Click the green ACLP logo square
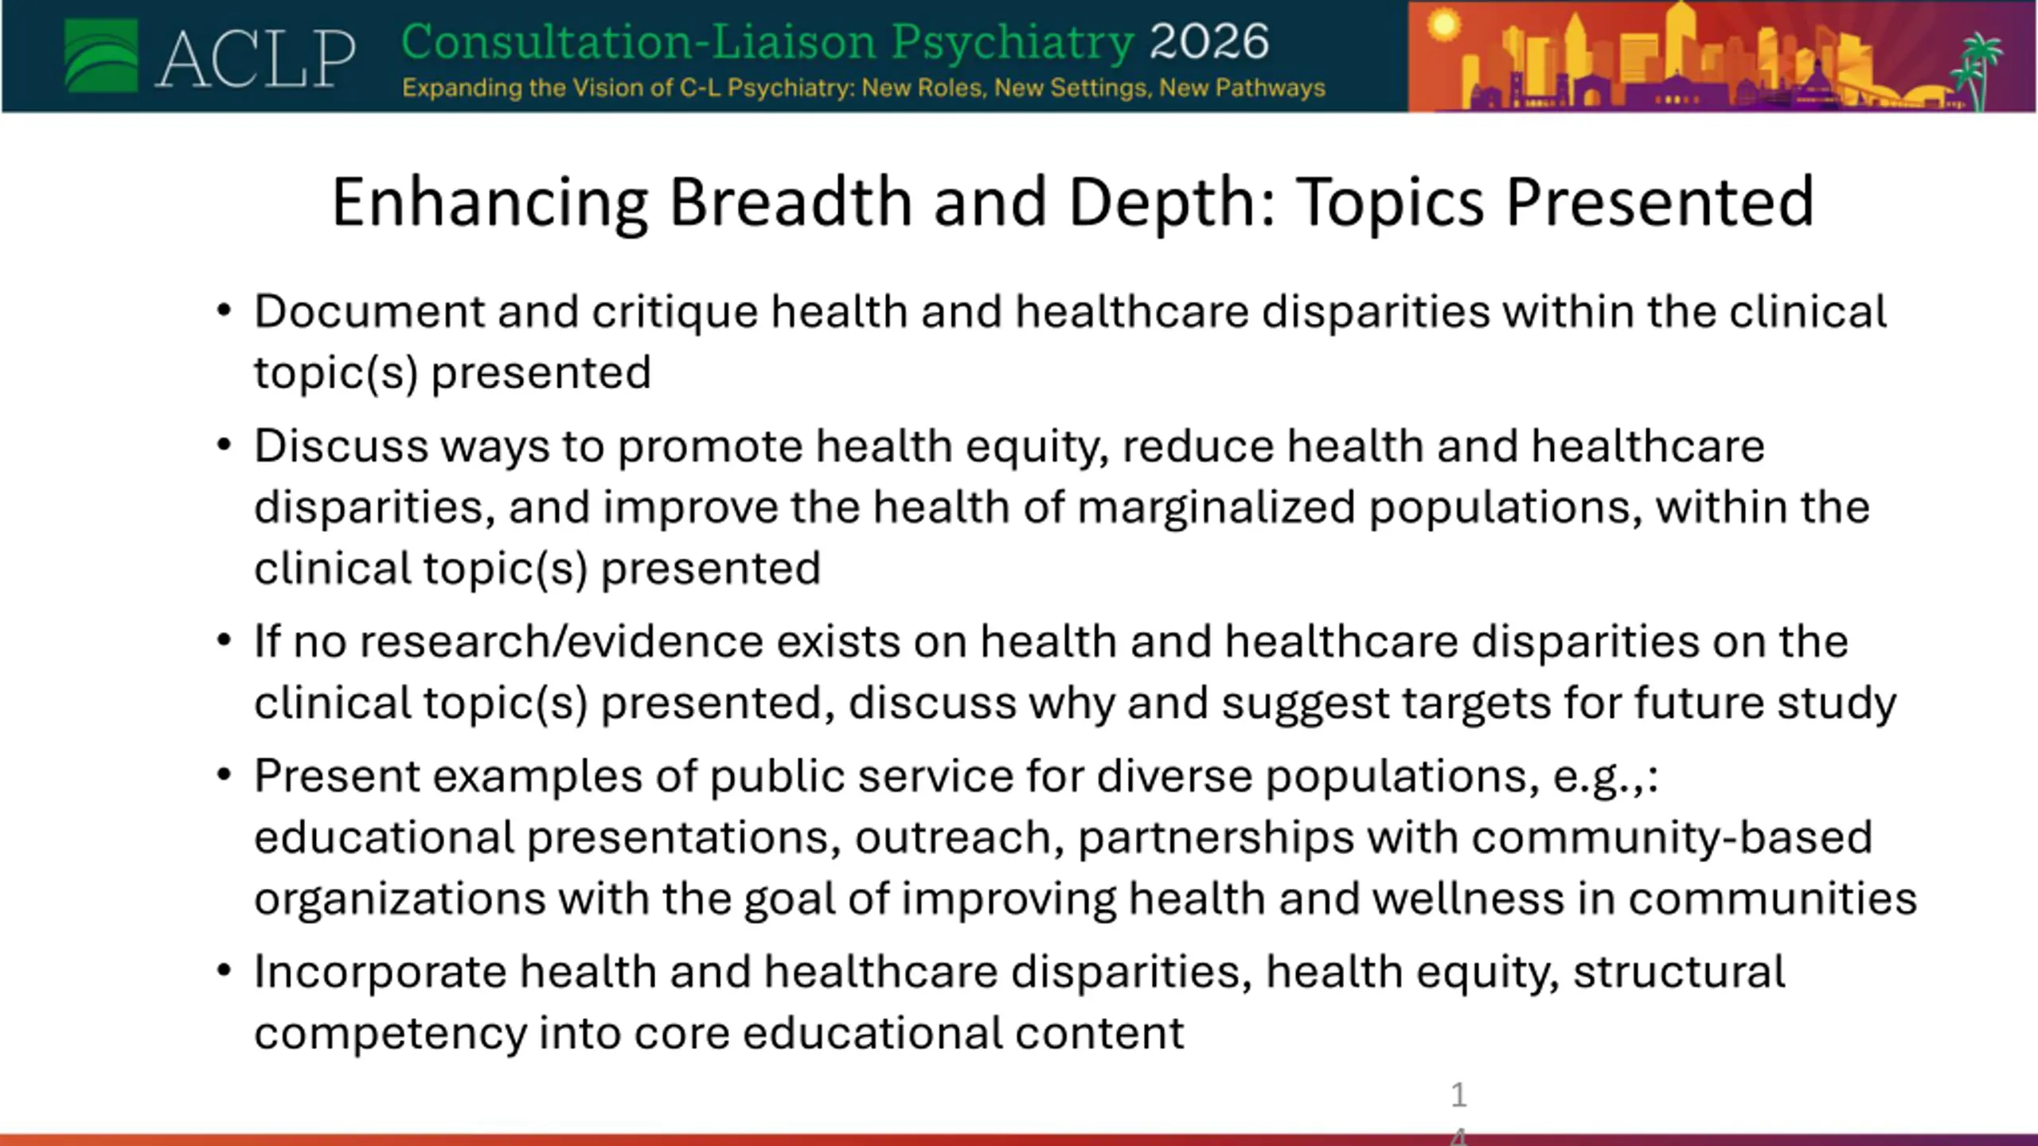(x=101, y=56)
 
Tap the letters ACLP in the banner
(x=256, y=58)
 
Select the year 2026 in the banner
(x=1209, y=41)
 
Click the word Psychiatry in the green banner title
(x=1013, y=43)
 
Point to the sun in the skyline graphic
(x=1443, y=25)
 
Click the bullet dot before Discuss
(x=224, y=445)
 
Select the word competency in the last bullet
(x=391, y=1035)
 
